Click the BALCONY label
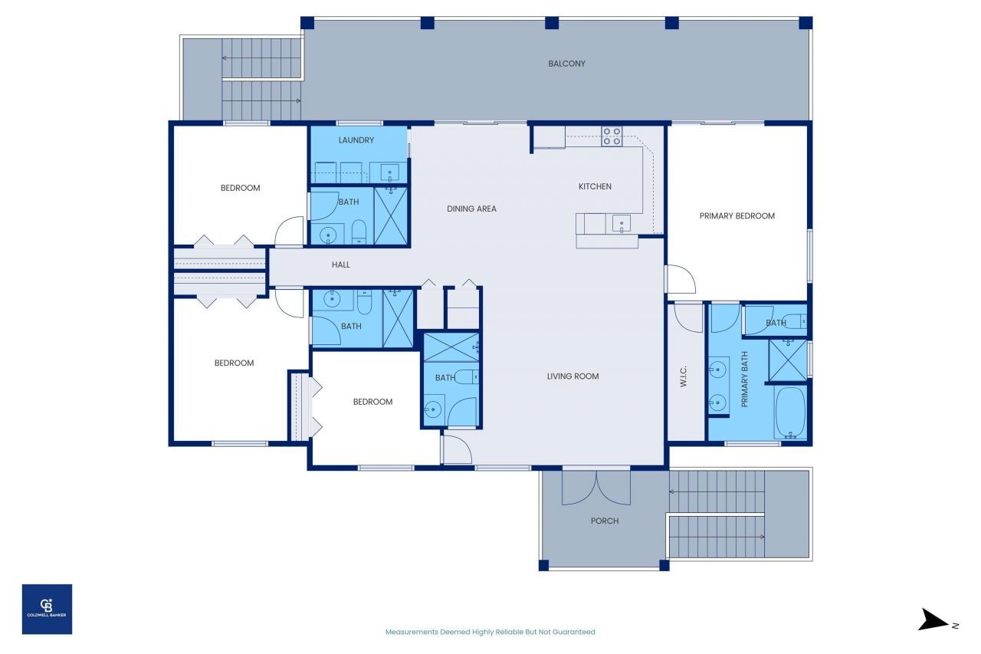click(566, 64)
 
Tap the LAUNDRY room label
click(356, 140)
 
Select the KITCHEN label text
click(595, 186)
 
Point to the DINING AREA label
click(471, 209)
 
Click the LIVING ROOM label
click(573, 376)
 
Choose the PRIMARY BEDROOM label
click(737, 216)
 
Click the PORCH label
click(605, 521)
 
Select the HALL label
click(341, 265)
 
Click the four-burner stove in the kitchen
click(612, 136)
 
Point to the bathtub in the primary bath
click(789, 412)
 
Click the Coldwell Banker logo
click(47, 609)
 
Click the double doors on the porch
click(596, 488)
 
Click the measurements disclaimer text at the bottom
click(490, 632)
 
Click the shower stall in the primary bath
click(787, 359)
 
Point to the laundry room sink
click(389, 171)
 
